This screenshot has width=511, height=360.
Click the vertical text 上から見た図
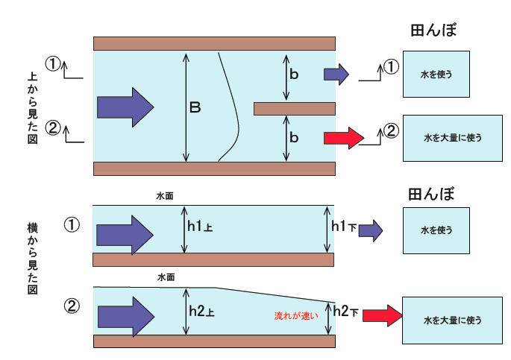pyautogui.click(x=31, y=107)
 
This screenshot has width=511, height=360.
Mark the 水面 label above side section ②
pyautogui.click(x=166, y=277)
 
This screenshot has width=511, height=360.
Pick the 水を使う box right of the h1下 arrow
pyautogui.click(x=435, y=230)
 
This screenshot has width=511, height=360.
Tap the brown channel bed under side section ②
pyautogui.click(x=214, y=341)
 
